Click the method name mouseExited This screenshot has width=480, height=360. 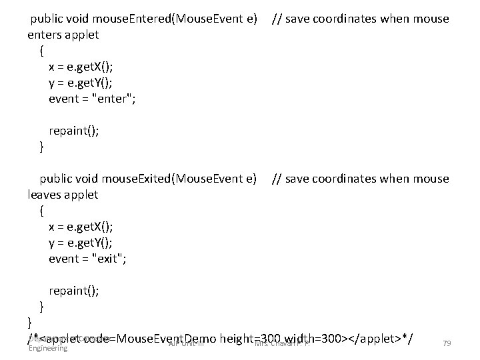(125, 179)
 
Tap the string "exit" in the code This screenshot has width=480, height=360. (109, 259)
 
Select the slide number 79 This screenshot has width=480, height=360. (447, 343)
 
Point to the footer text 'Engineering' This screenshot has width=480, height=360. (48, 348)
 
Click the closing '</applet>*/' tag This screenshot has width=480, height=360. (377, 339)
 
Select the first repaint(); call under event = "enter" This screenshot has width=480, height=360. (73, 131)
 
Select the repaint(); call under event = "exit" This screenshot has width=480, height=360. (73, 291)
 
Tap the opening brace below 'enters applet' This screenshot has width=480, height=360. (43, 51)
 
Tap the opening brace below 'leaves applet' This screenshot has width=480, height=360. (43, 211)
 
